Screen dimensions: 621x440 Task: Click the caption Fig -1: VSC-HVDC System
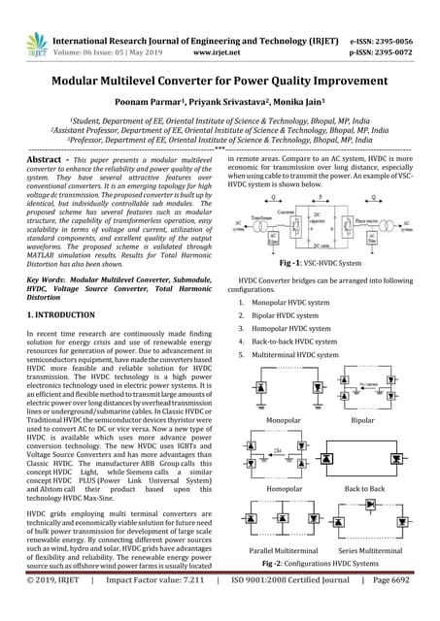click(321, 236)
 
